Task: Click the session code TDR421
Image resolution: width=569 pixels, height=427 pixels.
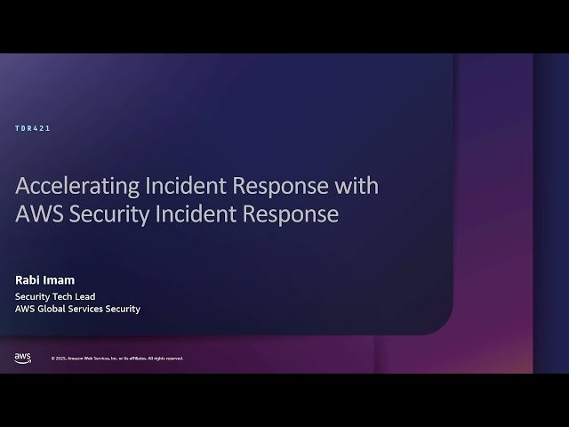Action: point(33,128)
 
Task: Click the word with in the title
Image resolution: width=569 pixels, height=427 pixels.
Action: point(357,187)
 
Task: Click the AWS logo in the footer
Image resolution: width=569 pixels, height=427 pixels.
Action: point(23,358)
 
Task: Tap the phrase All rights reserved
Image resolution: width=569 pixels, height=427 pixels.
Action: point(165,359)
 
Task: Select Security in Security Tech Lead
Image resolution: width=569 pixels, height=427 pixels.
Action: point(31,295)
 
